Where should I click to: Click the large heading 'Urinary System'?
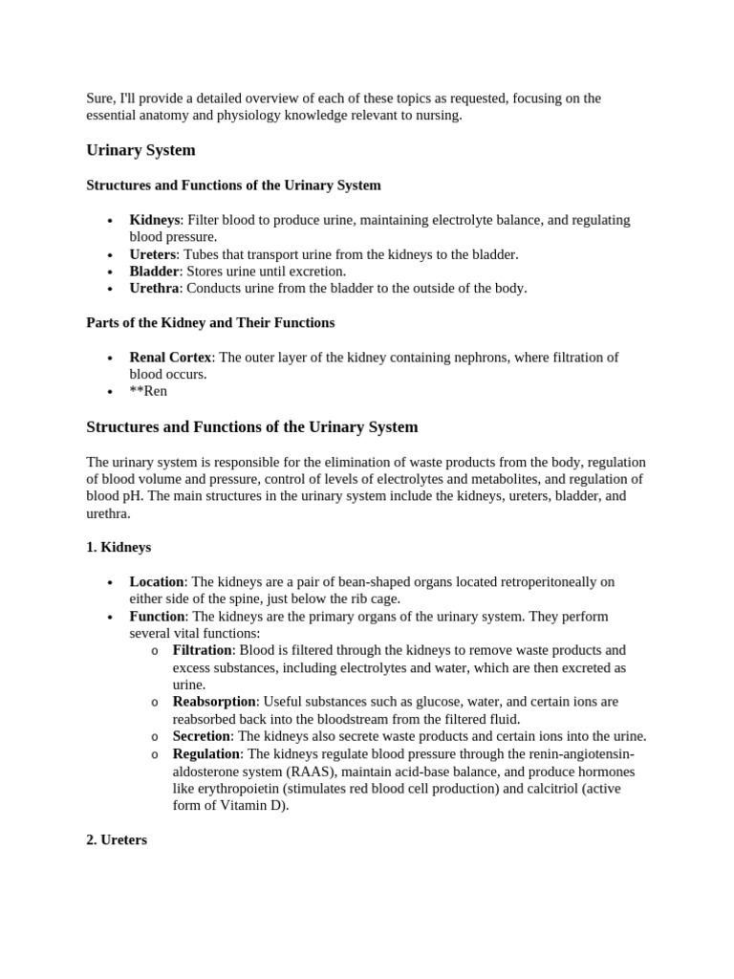[140, 150]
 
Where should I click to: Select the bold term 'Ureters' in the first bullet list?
[153, 254]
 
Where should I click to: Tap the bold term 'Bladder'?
[154, 272]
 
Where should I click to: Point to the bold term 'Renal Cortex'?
[171, 358]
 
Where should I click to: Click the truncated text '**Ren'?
[148, 392]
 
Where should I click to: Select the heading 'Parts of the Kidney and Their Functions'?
[210, 323]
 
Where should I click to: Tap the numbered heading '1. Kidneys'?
[119, 548]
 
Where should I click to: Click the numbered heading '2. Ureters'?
[117, 840]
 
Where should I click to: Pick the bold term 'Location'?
[157, 582]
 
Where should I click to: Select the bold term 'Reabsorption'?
[214, 702]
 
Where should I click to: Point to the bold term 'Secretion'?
[201, 736]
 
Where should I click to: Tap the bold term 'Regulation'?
[206, 754]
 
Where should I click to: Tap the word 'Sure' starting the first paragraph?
[99, 98]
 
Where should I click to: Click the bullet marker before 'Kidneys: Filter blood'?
[111, 221]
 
